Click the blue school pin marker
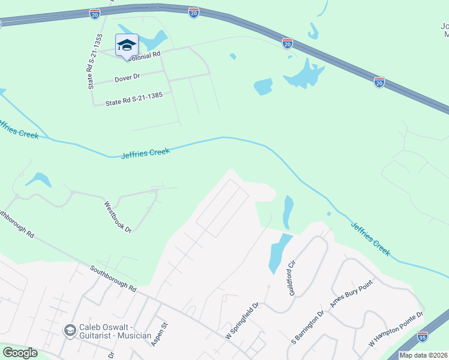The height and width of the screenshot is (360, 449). [127, 46]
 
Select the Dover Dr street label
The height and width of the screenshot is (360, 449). [126, 77]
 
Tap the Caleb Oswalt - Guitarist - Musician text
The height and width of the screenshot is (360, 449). [115, 331]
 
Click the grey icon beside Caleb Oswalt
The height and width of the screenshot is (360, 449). [70, 331]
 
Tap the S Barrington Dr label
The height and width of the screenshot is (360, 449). [307, 328]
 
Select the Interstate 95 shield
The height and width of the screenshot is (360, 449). [423, 337]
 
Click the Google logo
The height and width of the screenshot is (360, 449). [20, 353]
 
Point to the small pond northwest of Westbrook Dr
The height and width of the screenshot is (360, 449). [38, 179]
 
